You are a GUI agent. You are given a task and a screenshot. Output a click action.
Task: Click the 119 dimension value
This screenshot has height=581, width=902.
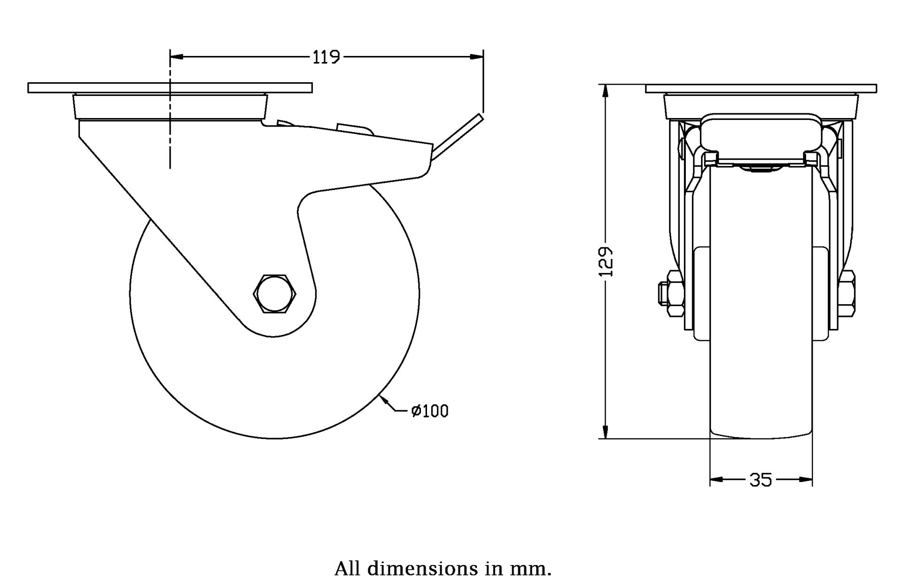point(326,57)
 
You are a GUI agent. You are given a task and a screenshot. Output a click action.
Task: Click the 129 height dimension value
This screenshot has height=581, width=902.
point(607,261)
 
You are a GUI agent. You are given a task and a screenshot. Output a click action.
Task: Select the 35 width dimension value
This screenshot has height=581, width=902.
point(761,480)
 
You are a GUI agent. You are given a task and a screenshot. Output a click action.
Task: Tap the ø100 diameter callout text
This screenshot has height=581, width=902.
point(430,411)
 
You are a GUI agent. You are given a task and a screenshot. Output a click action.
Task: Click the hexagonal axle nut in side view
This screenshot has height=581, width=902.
point(275,294)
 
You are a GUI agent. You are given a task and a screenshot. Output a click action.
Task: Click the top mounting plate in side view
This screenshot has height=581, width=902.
point(170,88)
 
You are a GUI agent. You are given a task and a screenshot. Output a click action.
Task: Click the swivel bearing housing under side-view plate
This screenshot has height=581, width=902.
point(170,107)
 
